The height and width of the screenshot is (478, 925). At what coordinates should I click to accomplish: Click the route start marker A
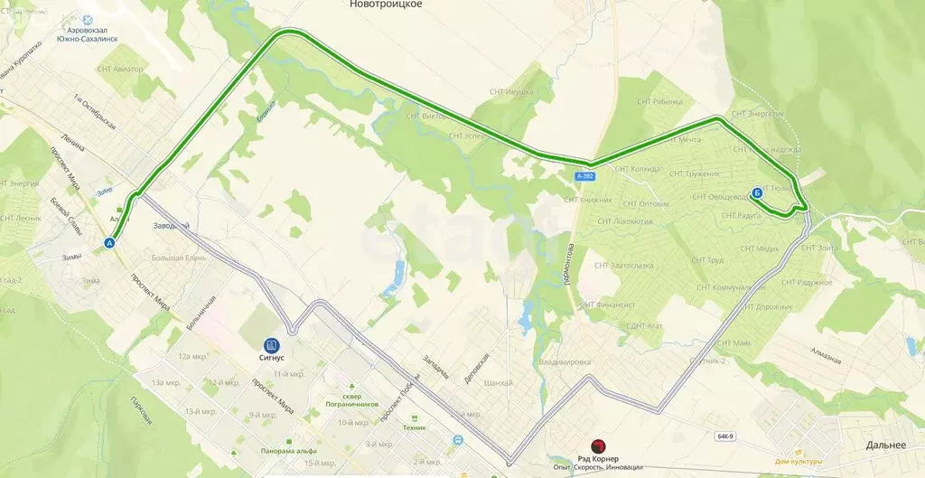click(110, 242)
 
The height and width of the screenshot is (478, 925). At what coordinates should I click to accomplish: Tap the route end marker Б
click(756, 192)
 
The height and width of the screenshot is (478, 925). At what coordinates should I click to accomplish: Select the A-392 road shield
click(584, 175)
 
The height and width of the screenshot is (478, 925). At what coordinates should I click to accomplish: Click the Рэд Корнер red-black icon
click(596, 446)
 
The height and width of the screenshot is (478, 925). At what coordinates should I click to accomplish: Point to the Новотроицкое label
click(386, 5)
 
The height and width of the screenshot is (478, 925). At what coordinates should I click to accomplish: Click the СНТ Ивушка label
click(511, 91)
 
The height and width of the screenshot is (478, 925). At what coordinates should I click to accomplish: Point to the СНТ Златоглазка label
click(625, 266)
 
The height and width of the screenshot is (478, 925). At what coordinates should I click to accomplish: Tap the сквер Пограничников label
click(344, 401)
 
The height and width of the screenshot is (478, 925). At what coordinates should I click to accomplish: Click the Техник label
click(415, 427)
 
